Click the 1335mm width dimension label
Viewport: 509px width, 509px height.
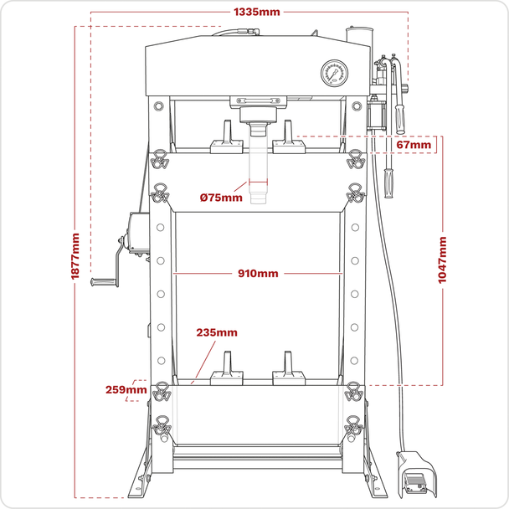pos(257,12)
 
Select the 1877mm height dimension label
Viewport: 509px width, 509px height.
pos(76,259)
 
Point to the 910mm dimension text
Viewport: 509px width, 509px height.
pos(257,274)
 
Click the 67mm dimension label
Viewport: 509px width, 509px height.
pos(414,146)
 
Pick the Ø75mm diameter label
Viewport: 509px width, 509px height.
pos(221,198)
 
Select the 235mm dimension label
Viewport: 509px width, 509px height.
pos(217,332)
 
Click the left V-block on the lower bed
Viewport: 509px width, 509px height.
pos(225,373)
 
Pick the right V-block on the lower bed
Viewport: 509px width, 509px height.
pos(288,373)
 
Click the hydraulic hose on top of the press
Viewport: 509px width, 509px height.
pos(239,33)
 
